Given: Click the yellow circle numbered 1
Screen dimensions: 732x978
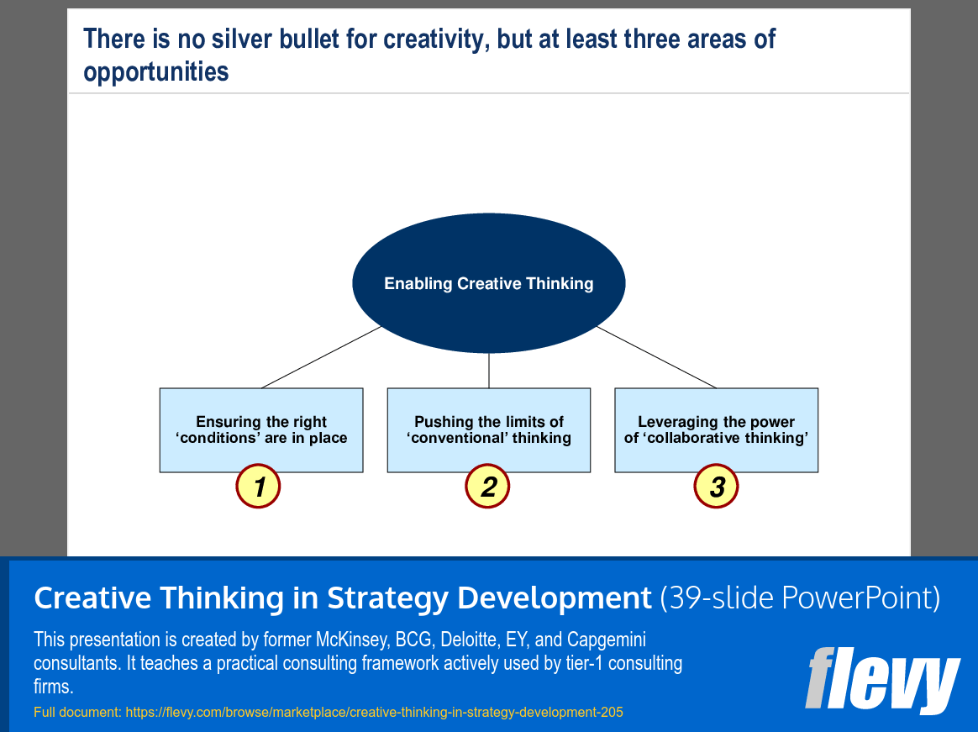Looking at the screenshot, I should pos(258,487).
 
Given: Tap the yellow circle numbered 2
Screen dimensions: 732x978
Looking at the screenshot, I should pos(487,487).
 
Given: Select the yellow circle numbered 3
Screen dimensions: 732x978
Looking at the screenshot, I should pos(716,487).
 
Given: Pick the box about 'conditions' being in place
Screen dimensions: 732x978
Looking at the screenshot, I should pos(261,429).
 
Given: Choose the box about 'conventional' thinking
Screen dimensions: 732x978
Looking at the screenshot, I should pos(489,429).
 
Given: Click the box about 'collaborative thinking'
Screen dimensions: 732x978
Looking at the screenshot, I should pos(717,429).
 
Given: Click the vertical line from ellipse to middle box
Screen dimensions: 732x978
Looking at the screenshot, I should pos(489,371).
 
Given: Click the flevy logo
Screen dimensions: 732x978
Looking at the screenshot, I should pos(882,679).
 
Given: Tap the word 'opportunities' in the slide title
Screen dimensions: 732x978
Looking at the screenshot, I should pos(156,72).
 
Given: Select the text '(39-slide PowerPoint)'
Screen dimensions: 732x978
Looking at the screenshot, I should pos(800,598).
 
